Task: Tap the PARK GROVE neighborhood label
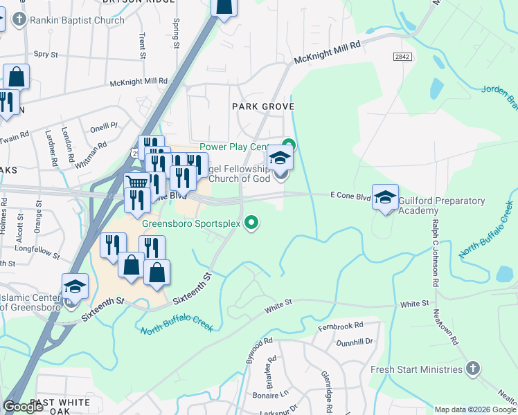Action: click(x=263, y=107)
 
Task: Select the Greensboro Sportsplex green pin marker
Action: click(x=253, y=223)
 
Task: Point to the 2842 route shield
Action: click(x=401, y=56)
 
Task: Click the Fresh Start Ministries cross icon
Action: click(x=473, y=369)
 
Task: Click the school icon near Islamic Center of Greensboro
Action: click(x=75, y=286)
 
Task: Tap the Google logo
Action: click(x=23, y=406)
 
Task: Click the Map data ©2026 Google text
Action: click(x=474, y=409)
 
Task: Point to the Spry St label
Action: click(x=46, y=53)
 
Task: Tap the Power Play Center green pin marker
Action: click(x=289, y=145)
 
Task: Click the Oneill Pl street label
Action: click(x=105, y=127)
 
